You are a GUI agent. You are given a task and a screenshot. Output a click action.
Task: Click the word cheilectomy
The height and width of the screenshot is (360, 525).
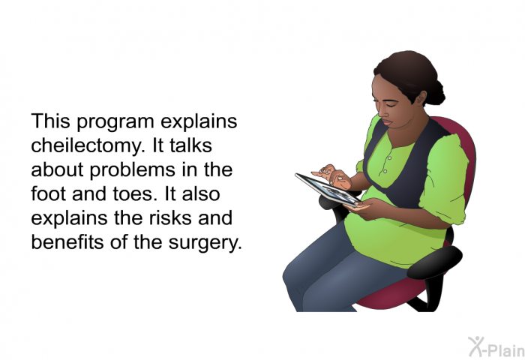88,146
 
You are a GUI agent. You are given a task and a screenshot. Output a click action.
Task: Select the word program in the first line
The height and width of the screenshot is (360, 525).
115,122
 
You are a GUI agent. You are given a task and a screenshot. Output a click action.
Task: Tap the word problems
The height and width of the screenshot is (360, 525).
132,169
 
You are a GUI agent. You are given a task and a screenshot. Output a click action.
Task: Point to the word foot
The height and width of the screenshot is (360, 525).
48,193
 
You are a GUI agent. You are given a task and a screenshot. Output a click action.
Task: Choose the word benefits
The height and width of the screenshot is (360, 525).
67,241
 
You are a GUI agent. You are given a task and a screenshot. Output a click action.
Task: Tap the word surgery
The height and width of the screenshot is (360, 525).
205,243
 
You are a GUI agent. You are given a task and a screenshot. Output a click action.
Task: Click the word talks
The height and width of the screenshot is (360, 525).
190,145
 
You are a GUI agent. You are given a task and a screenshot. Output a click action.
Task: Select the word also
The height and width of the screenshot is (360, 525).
201,193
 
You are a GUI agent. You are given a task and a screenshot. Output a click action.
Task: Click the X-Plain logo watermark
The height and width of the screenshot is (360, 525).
496,346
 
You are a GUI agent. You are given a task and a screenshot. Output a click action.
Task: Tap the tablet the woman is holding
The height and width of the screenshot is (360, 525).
328,189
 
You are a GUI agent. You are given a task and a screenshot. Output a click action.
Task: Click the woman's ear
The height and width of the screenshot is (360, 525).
421,97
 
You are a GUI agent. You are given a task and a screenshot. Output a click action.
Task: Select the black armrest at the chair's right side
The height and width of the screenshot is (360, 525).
434,262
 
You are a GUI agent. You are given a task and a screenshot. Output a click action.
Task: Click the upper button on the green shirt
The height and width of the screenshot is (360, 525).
389,157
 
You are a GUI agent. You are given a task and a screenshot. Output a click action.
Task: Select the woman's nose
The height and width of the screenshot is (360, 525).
378,109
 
